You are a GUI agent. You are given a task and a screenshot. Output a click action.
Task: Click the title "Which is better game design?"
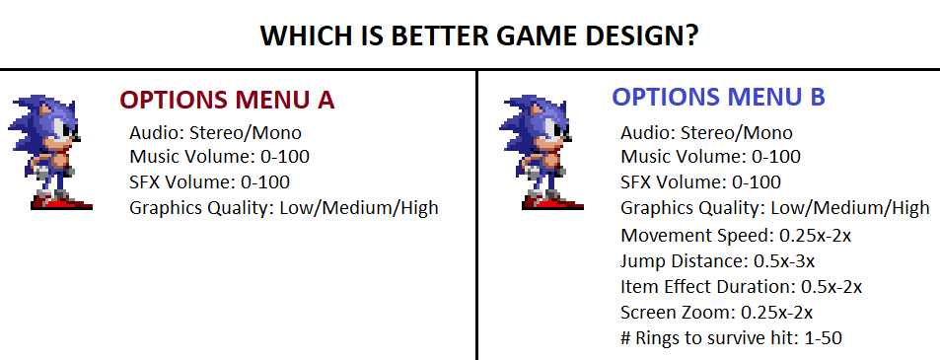pyautogui.click(x=479, y=36)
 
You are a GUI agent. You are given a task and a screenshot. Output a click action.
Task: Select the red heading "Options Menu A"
pyautogui.click(x=227, y=100)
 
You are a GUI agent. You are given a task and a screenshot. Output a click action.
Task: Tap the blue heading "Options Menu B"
pyautogui.click(x=718, y=97)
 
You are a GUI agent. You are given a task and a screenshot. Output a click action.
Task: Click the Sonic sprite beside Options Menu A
pyautogui.click(x=50, y=152)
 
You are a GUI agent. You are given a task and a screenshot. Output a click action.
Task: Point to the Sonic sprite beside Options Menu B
pyautogui.click(x=542, y=152)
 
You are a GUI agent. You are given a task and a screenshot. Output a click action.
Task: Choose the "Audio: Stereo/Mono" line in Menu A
pyautogui.click(x=215, y=132)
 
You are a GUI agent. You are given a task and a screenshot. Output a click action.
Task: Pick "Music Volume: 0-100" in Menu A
pyautogui.click(x=219, y=157)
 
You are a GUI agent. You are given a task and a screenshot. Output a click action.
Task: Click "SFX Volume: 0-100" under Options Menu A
pyautogui.click(x=210, y=181)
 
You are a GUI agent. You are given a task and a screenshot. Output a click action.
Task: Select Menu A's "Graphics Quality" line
pyautogui.click(x=284, y=208)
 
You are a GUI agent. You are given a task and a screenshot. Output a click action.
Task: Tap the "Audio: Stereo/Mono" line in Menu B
pyautogui.click(x=707, y=132)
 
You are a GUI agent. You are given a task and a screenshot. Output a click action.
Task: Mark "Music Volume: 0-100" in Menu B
pyautogui.click(x=711, y=157)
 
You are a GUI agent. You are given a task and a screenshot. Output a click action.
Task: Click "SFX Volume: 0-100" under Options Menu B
pyautogui.click(x=701, y=181)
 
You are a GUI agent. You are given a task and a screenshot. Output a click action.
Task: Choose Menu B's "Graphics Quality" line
pyautogui.click(x=775, y=208)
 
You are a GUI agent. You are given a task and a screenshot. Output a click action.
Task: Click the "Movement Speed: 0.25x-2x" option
pyautogui.click(x=736, y=236)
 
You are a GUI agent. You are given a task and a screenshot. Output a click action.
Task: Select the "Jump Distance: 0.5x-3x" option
pyautogui.click(x=718, y=261)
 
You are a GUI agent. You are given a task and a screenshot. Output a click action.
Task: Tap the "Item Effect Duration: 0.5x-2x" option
pyautogui.click(x=742, y=287)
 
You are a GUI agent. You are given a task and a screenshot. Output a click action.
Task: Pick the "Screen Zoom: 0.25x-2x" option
pyautogui.click(x=717, y=313)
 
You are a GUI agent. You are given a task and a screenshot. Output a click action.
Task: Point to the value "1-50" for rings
pyautogui.click(x=823, y=338)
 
